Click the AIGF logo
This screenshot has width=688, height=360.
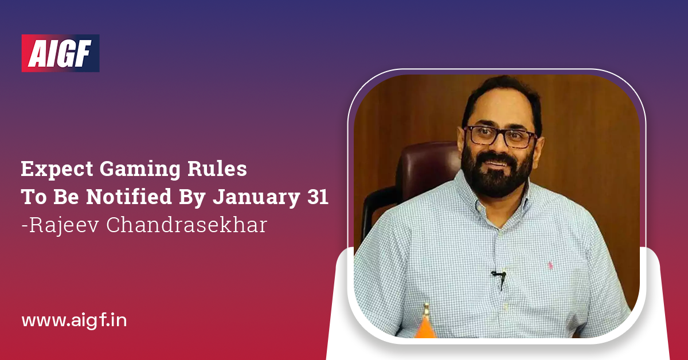pos(60,53)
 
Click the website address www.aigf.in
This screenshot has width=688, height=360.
pos(74,320)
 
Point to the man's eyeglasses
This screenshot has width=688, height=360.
pos(500,136)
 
